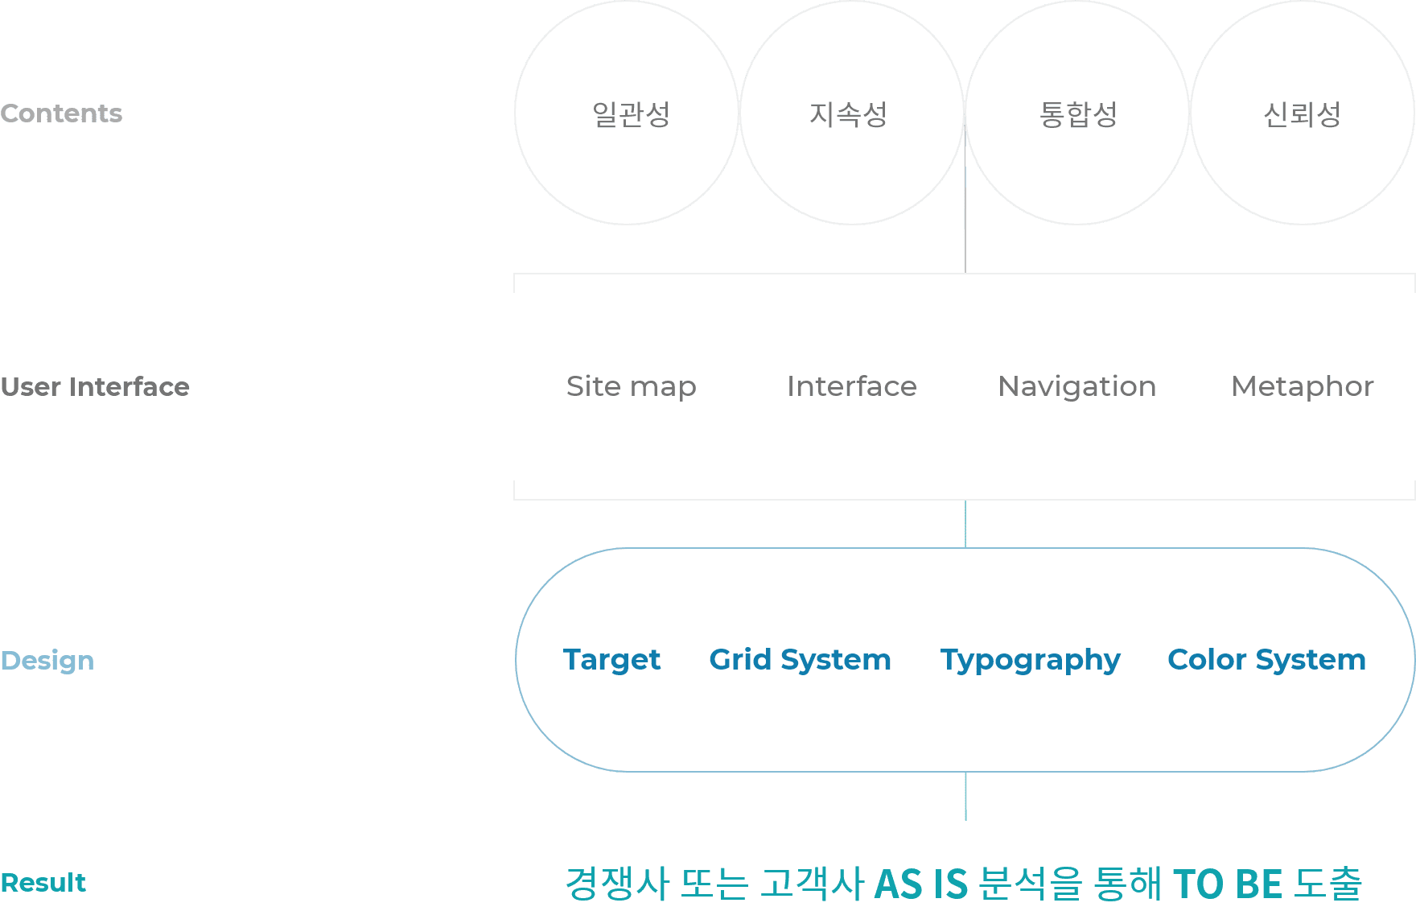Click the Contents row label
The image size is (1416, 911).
61,113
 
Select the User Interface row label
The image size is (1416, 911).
95,387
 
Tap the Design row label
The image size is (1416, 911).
47,661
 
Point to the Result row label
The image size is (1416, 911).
43,883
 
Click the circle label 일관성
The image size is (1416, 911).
631,114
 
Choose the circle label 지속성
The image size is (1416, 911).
848,114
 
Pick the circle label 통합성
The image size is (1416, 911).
1078,114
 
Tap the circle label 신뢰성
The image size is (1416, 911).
1302,114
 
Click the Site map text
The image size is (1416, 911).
631,387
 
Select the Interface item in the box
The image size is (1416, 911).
852,386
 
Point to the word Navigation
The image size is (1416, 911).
1076,387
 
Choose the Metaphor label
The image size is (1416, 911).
1303,387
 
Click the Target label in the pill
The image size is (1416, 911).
611,660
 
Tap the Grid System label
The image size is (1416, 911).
800,660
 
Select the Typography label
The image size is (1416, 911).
1031,661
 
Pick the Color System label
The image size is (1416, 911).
1266,660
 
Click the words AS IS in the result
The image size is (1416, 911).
920,884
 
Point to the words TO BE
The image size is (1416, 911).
1228,884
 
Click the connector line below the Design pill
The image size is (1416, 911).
965,797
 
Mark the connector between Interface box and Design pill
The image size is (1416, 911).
965,524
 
